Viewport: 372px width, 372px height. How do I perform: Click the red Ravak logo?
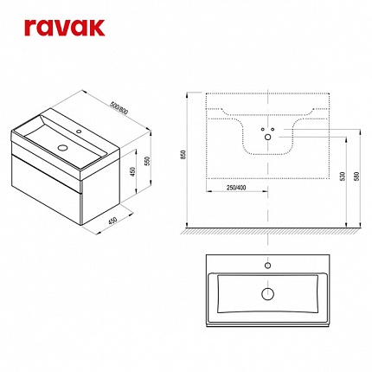pos(64,28)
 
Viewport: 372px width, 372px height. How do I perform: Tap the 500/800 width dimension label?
pos(119,108)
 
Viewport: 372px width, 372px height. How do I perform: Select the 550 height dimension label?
pos(147,161)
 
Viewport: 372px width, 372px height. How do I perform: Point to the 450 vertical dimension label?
pos(132,172)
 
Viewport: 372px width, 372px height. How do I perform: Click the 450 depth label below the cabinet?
pos(112,221)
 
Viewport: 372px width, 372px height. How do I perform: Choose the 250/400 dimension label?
pos(236,188)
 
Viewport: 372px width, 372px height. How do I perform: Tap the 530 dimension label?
pos(342,176)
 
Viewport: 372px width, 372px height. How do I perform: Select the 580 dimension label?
pos(356,176)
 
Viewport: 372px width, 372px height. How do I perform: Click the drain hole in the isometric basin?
pos(62,148)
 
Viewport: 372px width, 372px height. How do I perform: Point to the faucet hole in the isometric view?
pos(79,131)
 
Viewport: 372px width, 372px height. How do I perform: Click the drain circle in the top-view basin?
pos(267,294)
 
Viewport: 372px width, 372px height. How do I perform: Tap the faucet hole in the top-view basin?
pos(268,266)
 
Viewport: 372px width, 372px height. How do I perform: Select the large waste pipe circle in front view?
pos(268,138)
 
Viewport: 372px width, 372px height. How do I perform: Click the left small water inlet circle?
pos(263,129)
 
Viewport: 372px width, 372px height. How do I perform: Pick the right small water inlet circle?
pos(273,129)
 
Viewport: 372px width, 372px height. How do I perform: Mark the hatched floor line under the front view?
pos(271,230)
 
